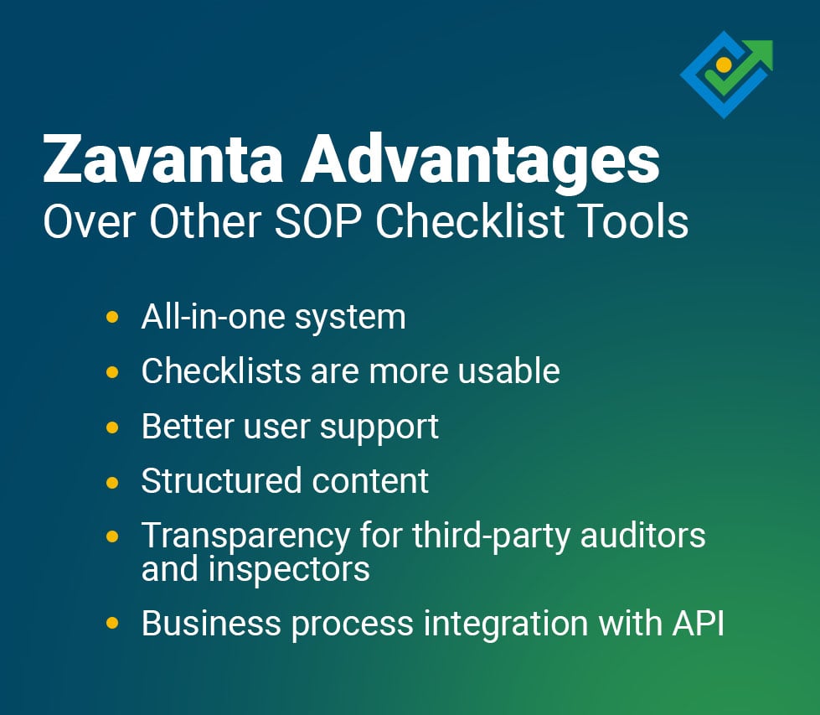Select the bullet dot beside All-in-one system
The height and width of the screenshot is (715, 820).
[x=112, y=318]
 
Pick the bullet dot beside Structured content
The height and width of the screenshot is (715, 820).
[x=112, y=482]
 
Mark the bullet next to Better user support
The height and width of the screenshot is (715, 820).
[x=112, y=427]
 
